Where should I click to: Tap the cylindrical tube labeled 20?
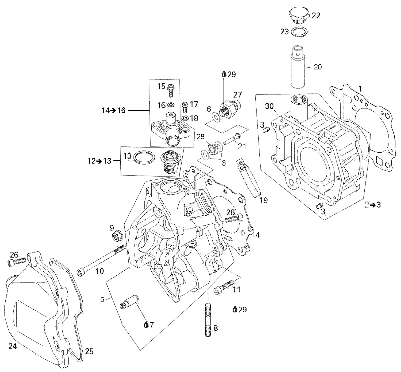[x=298, y=68]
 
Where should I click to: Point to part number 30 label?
[x=269, y=106]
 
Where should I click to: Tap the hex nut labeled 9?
[x=117, y=237]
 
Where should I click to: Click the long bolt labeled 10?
[x=102, y=259]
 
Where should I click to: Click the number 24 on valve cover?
[x=13, y=346]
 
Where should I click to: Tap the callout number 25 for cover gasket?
[x=89, y=351]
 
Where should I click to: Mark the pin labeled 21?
[x=232, y=139]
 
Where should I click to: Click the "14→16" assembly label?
[x=114, y=110]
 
